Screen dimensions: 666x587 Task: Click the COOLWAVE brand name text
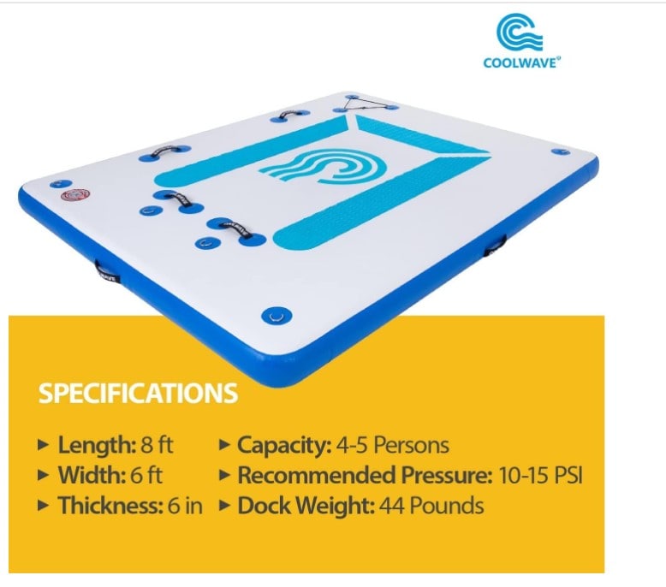point(521,62)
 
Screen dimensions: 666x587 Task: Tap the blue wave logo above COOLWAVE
point(520,32)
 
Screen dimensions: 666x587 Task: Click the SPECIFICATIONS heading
point(138,393)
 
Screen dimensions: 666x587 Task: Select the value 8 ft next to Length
point(158,445)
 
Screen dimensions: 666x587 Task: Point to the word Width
point(92,475)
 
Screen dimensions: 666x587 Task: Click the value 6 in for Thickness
point(185,506)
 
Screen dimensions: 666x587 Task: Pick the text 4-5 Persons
point(392,445)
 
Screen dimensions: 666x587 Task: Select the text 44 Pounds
point(431,506)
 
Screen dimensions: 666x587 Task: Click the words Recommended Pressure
point(365,475)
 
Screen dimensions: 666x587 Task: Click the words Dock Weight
point(306,506)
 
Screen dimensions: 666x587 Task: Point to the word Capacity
point(284,445)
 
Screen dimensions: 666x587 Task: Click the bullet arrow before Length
point(43,445)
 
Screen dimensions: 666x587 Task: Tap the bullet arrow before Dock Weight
point(224,506)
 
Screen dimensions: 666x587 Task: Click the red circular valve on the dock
point(75,195)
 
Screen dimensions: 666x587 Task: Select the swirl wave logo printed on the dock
point(323,166)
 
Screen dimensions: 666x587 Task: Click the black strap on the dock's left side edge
point(107,272)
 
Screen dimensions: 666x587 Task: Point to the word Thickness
point(110,506)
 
